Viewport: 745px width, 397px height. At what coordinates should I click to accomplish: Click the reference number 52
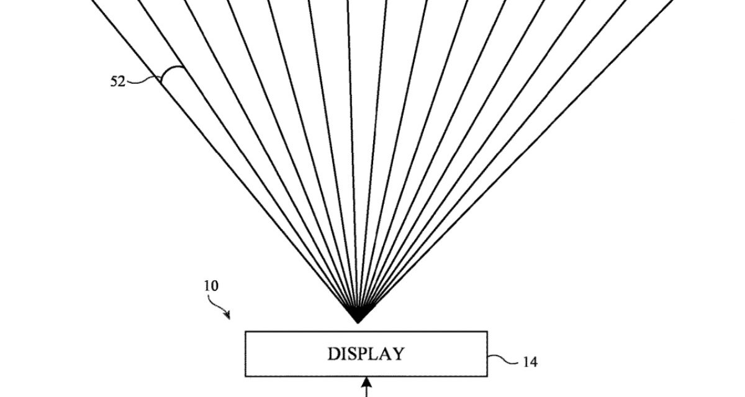coord(118,81)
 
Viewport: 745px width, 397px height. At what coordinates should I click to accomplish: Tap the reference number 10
coord(211,287)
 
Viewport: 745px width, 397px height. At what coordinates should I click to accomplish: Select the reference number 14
coord(529,362)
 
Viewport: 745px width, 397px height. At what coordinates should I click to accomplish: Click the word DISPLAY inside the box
coord(366,354)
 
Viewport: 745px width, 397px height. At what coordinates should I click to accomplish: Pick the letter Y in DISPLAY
coord(397,354)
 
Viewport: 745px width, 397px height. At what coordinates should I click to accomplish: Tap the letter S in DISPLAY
coord(351,354)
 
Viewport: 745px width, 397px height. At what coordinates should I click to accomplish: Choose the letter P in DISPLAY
coord(361,354)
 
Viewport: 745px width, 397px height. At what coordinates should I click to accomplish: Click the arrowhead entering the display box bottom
coord(366,381)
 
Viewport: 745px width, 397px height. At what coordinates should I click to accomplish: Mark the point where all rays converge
coord(358,321)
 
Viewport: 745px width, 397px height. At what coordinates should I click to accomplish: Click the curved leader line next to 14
coord(502,359)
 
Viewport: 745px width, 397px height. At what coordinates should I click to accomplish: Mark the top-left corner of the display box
coord(246,332)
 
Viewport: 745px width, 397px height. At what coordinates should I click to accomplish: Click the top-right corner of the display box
coord(487,332)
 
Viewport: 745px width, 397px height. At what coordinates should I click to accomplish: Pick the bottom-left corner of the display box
coord(246,376)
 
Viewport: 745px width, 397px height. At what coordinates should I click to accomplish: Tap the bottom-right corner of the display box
coord(487,376)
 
